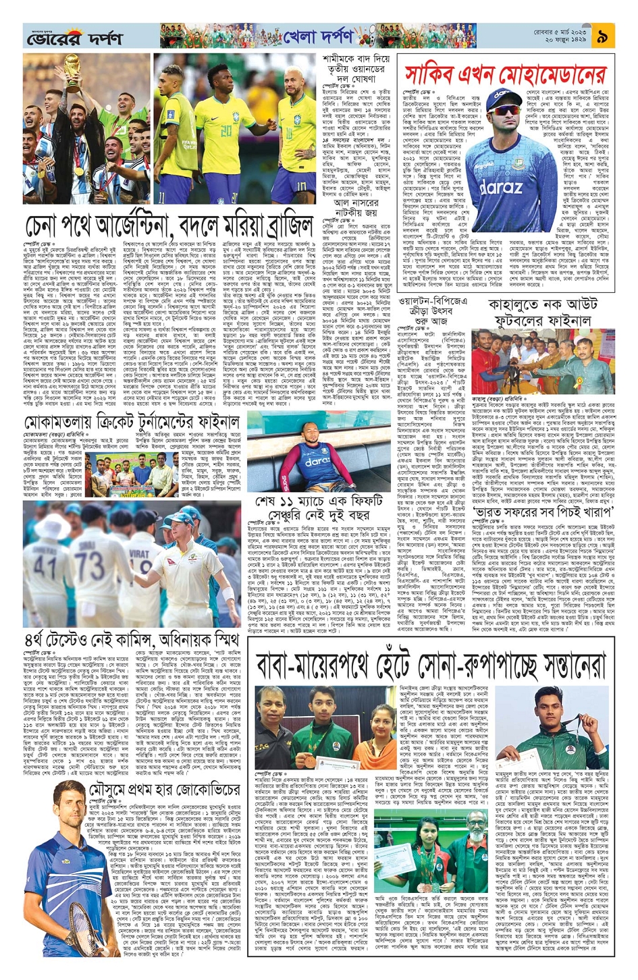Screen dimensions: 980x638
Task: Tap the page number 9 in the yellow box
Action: pos(602,37)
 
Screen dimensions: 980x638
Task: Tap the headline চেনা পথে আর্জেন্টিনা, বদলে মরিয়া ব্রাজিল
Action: pos(169,225)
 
